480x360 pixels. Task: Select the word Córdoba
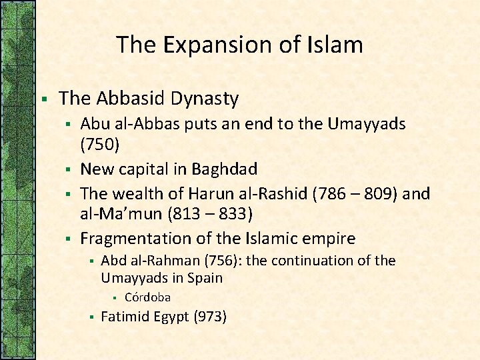[x=147, y=297]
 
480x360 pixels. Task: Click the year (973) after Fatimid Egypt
[x=210, y=317]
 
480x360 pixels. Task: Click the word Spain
[x=204, y=278]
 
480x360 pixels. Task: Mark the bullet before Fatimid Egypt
[x=90, y=317]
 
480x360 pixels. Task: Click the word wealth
[x=137, y=194]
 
